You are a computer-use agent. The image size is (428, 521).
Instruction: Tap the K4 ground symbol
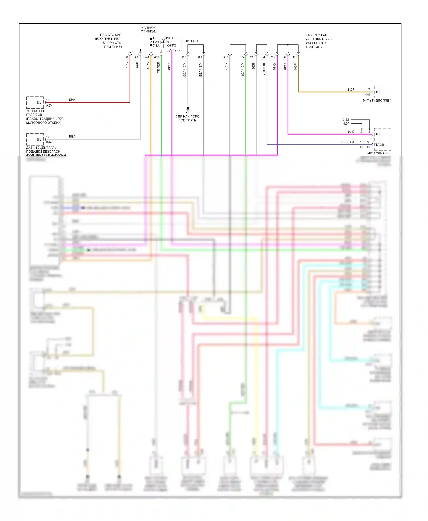coord(187,108)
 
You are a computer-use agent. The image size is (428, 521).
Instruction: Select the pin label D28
coord(146,57)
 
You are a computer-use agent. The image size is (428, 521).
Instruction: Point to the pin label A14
coord(157,57)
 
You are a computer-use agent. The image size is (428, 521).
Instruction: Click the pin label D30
coord(225,57)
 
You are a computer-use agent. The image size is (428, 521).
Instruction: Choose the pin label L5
coord(242,57)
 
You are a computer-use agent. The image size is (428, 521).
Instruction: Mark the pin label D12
coord(272,57)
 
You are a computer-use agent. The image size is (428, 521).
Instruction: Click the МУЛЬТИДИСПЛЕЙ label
coord(377,101)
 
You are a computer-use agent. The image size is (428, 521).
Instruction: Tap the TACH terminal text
coord(379,145)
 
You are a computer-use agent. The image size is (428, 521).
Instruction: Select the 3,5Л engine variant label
coord(346,120)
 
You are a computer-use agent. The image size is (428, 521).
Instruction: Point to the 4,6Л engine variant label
coord(346,124)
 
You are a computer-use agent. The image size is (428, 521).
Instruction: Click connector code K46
coord(367,95)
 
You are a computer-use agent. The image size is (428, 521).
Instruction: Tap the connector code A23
coord(49,105)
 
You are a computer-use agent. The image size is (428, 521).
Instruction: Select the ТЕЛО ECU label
coord(190,41)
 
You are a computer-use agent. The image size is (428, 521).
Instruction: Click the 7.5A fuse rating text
coord(156,46)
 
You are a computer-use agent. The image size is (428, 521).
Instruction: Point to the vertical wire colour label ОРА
coord(148,66)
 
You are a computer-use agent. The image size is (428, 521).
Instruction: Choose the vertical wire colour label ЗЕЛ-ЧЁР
coord(243,70)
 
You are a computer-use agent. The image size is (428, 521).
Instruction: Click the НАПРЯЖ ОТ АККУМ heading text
coord(148,30)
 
